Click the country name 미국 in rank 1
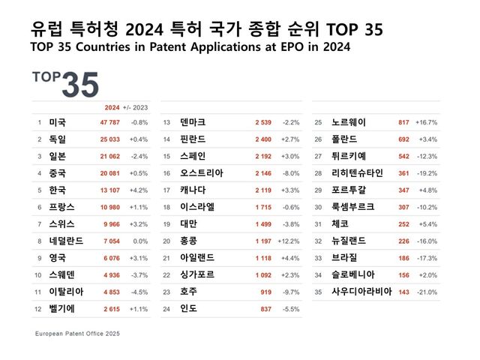[x=56, y=121]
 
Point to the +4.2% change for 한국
[x=139, y=190]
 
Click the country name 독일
[x=56, y=139]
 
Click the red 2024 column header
[x=112, y=106]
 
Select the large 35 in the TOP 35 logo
[x=79, y=85]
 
